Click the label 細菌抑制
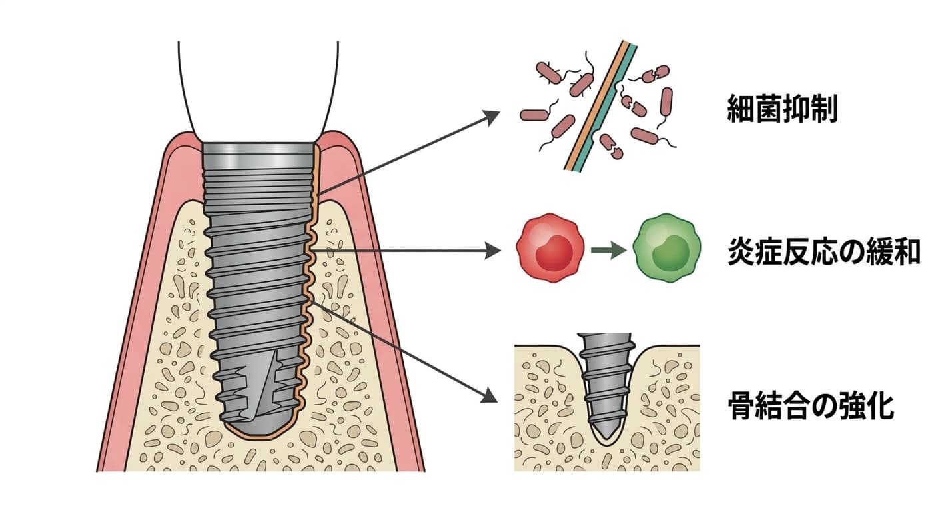tap(782, 109)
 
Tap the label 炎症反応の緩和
tap(824, 251)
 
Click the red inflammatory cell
tap(550, 248)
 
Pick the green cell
tap(667, 248)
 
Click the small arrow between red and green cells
tap(608, 250)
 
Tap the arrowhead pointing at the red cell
tap(493, 251)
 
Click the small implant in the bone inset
tap(605, 386)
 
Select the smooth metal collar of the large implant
tap(258, 155)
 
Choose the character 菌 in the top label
tap(768, 109)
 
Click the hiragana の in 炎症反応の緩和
tap(852, 252)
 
